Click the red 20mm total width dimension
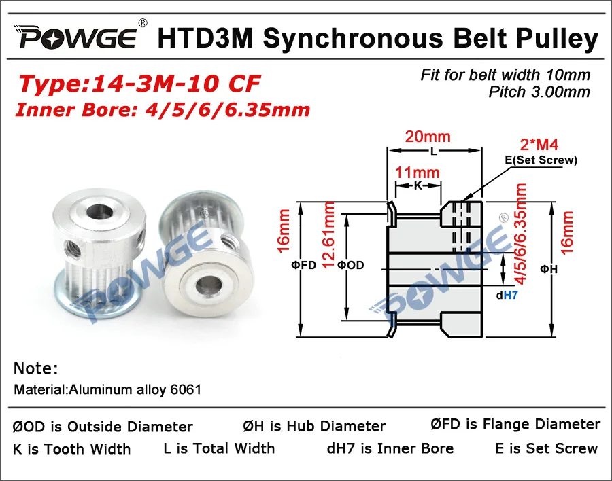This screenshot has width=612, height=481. click(428, 137)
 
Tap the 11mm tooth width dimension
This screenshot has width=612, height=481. click(418, 173)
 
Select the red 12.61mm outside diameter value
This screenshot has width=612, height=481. click(330, 235)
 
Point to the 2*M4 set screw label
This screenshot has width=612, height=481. click(539, 145)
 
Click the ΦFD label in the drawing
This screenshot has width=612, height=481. click(303, 265)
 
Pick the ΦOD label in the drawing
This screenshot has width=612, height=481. click(350, 265)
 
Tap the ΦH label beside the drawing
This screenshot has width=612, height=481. click(549, 269)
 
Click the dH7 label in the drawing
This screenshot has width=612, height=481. click(507, 296)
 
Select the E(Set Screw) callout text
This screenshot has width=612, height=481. click(541, 160)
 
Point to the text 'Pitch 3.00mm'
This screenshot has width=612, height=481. click(539, 92)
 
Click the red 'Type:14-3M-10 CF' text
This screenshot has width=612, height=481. click(139, 84)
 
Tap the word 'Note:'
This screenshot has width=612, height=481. click(36, 368)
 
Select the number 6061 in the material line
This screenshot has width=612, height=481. click(186, 389)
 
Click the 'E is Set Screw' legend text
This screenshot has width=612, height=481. click(547, 448)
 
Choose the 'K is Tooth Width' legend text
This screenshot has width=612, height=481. click(72, 449)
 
